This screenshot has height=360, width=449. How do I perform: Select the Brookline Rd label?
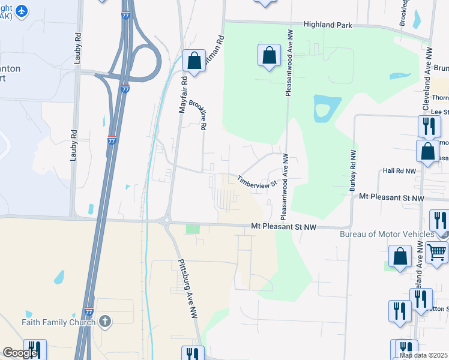199,115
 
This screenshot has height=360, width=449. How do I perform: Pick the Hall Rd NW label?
399,171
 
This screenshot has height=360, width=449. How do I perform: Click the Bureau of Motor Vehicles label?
387,234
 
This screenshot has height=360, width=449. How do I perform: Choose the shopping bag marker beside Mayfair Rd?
194,60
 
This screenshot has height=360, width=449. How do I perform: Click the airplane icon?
23,11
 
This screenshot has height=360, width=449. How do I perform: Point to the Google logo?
20,353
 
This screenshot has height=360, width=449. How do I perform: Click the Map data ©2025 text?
423,355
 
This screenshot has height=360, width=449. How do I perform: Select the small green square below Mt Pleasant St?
192,229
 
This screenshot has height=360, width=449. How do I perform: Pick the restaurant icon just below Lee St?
427,126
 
